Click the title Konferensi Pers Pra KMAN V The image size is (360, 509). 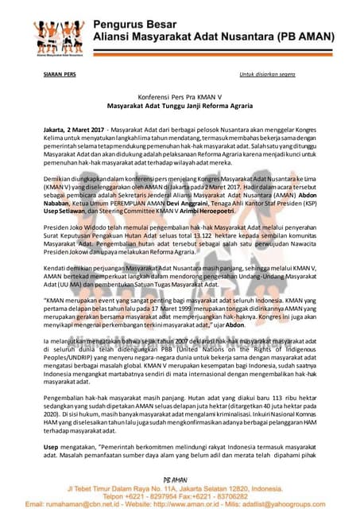pyautogui.click(x=180, y=99)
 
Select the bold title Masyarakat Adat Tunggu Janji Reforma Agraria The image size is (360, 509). pyautogui.click(x=180, y=108)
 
